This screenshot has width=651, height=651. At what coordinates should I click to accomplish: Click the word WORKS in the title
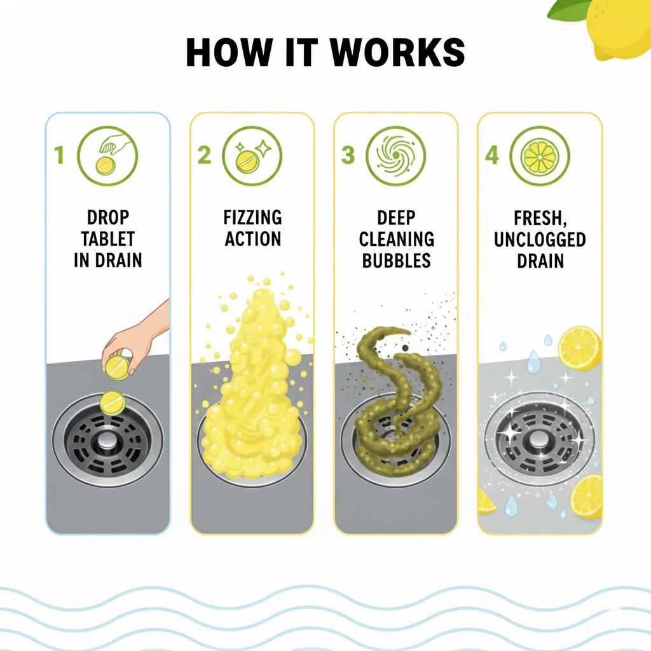pyautogui.click(x=397, y=52)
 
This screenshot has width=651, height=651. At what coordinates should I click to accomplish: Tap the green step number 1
pyautogui.click(x=59, y=155)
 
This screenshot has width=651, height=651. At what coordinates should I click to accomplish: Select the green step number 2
pyautogui.click(x=204, y=155)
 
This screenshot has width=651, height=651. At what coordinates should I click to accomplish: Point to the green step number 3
pyautogui.click(x=348, y=155)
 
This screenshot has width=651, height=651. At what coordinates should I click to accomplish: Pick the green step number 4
pyautogui.click(x=492, y=155)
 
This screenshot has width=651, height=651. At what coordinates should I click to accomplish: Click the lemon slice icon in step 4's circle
pyautogui.click(x=540, y=157)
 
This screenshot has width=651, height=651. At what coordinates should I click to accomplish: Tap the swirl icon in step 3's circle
pyautogui.click(x=395, y=155)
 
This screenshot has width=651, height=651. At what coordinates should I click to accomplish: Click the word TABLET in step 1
pyautogui.click(x=108, y=239)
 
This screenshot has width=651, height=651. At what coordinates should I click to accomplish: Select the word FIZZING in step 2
pyautogui.click(x=252, y=217)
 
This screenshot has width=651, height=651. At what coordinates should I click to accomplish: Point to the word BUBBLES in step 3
pyautogui.click(x=397, y=261)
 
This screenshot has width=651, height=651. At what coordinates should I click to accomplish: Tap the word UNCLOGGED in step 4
pyautogui.click(x=540, y=240)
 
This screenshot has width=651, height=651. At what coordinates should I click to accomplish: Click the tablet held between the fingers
pyautogui.click(x=117, y=368)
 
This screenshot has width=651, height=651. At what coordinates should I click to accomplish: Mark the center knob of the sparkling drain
pyautogui.click(x=539, y=440)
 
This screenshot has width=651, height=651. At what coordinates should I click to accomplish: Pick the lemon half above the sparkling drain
pyautogui.click(x=580, y=348)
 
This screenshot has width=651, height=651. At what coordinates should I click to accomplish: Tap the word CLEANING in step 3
pyautogui.click(x=397, y=239)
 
